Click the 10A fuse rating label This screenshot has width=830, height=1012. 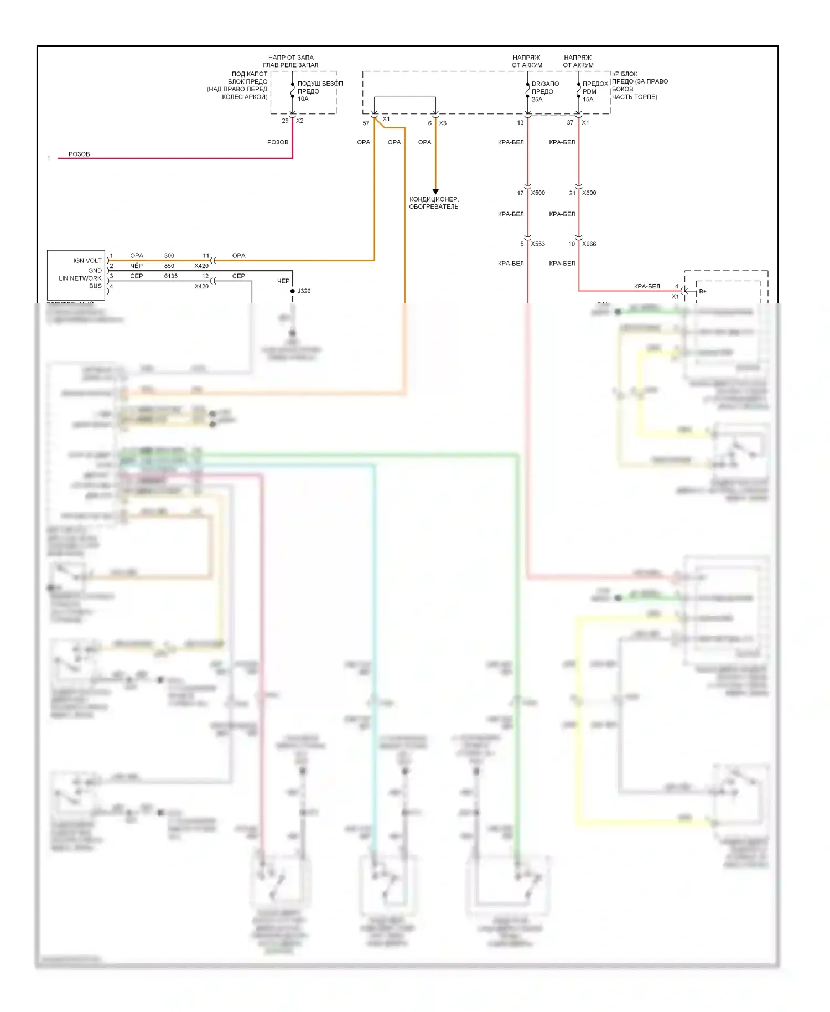pyautogui.click(x=303, y=99)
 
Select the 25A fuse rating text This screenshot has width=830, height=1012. pyautogui.click(x=537, y=100)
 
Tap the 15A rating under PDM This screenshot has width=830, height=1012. pyautogui.click(x=588, y=100)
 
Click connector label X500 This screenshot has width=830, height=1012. pyautogui.click(x=537, y=193)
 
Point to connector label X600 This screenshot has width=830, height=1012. pyautogui.click(x=589, y=193)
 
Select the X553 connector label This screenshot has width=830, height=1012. pyautogui.click(x=537, y=244)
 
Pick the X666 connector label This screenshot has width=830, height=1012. pyautogui.click(x=589, y=244)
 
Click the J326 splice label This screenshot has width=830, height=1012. pyautogui.click(x=304, y=291)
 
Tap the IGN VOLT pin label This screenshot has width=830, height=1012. pyautogui.click(x=87, y=261)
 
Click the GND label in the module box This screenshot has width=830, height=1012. pyautogui.click(x=95, y=271)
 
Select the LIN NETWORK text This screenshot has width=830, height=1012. pyautogui.click(x=80, y=278)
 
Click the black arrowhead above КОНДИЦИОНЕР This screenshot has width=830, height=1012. pyautogui.click(x=435, y=192)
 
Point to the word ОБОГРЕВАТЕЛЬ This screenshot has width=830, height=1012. pyautogui.click(x=433, y=207)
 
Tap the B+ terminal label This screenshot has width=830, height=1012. pyautogui.click(x=703, y=291)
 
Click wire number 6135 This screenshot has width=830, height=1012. pyautogui.click(x=170, y=276)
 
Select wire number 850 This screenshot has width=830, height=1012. pyautogui.click(x=169, y=266)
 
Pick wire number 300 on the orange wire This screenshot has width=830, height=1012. pyautogui.click(x=169, y=256)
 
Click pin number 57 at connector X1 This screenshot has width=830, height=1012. pyautogui.click(x=366, y=123)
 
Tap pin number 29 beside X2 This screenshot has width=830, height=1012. pyautogui.click(x=285, y=121)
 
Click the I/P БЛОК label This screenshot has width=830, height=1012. pyautogui.click(x=625, y=74)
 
